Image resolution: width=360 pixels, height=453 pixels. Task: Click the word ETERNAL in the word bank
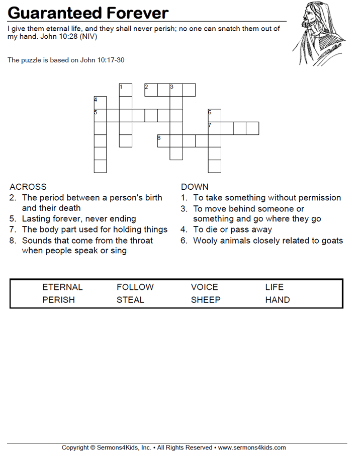(62, 287)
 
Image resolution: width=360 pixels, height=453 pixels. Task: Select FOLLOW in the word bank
(135, 287)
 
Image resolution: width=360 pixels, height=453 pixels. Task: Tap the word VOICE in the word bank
(205, 287)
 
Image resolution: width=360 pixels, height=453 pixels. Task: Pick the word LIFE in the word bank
(275, 287)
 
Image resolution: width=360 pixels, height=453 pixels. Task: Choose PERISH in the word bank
(59, 300)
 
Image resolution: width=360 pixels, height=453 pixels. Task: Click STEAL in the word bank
(131, 300)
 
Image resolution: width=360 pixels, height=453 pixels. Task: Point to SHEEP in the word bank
(206, 300)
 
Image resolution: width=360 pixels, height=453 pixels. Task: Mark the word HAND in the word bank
(278, 300)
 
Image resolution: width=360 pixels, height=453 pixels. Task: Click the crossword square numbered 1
(126, 90)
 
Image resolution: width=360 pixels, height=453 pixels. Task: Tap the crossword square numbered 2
(151, 90)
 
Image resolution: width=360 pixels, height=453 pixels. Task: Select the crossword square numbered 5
(101, 115)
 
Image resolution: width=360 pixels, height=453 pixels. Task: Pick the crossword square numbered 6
(215, 115)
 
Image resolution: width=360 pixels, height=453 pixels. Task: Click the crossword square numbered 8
(164, 140)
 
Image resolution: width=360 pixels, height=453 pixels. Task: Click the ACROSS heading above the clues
(28, 187)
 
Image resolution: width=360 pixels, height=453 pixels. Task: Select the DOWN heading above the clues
(195, 187)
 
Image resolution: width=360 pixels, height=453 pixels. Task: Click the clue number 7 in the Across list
(13, 230)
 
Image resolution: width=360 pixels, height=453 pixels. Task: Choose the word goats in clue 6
(331, 241)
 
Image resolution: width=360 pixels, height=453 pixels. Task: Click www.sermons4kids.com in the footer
(252, 447)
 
